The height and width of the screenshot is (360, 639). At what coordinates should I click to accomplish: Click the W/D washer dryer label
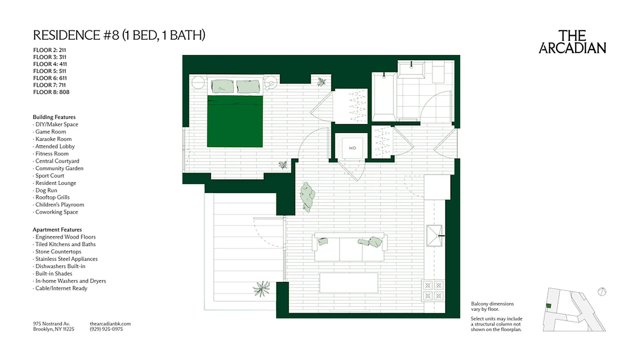(352, 148)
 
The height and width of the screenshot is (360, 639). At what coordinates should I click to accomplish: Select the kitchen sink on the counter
(434, 235)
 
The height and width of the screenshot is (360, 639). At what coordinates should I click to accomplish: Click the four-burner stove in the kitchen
(433, 290)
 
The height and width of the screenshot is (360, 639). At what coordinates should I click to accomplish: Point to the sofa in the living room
(349, 248)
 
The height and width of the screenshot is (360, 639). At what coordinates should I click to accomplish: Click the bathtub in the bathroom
(384, 97)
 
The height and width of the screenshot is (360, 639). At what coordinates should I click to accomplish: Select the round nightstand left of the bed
(198, 83)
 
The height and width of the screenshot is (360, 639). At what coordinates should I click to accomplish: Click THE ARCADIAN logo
(572, 42)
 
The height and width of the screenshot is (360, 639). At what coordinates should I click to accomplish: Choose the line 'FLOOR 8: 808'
(51, 92)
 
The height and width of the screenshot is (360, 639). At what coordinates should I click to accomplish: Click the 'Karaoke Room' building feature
(53, 139)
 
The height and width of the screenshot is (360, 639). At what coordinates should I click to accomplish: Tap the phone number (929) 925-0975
(106, 329)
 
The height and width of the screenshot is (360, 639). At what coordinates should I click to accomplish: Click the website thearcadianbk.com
(110, 324)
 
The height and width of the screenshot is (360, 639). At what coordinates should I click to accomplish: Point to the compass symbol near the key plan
(602, 292)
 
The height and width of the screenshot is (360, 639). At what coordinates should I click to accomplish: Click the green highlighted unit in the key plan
(548, 306)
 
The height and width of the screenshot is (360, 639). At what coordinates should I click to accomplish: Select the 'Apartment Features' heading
(57, 229)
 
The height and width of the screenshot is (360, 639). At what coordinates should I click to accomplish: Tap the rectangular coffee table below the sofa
(349, 283)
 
